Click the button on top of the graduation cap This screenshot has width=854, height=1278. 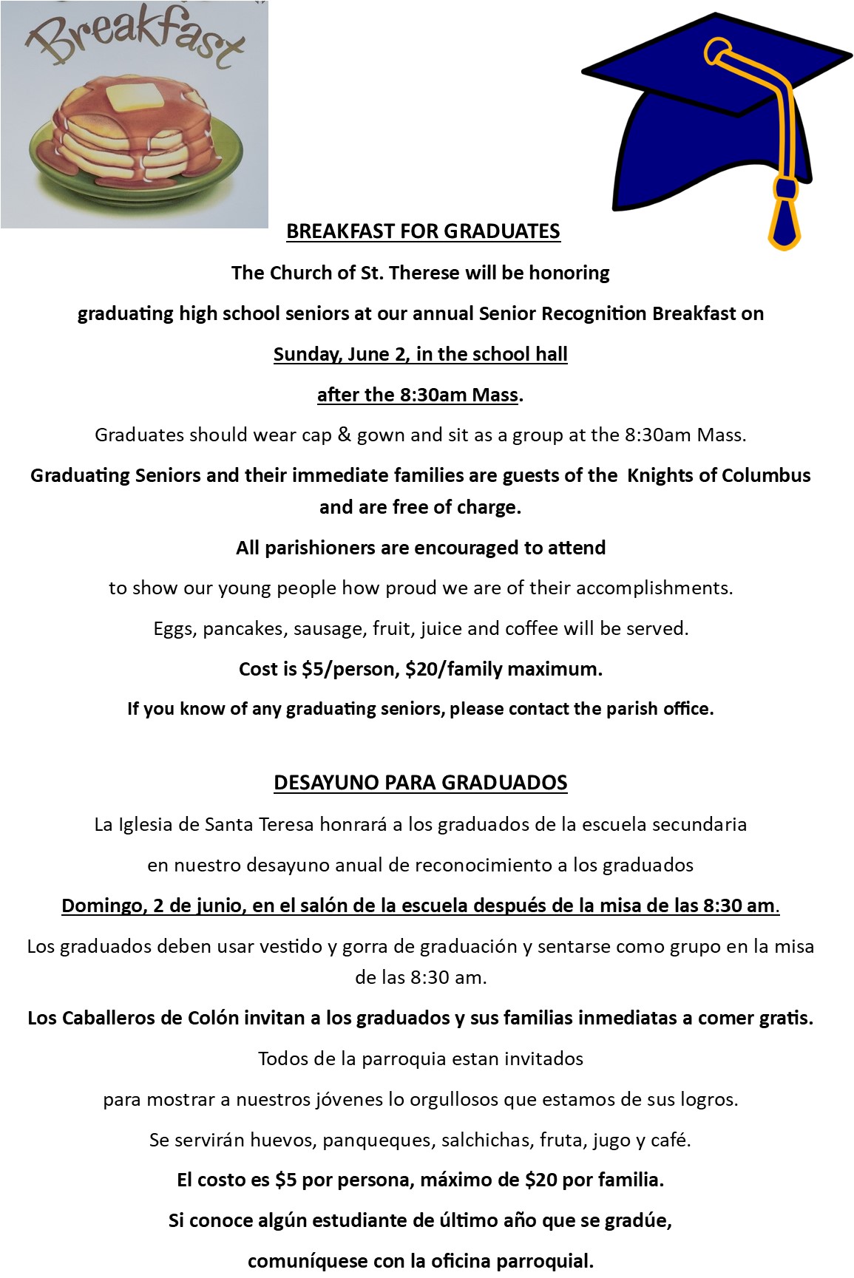[716, 52]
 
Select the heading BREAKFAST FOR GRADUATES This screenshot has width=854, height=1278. [423, 231]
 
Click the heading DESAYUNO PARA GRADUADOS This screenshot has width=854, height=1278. [420, 783]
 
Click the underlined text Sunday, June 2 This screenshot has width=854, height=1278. [340, 354]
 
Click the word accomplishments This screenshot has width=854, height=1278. [654, 588]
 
